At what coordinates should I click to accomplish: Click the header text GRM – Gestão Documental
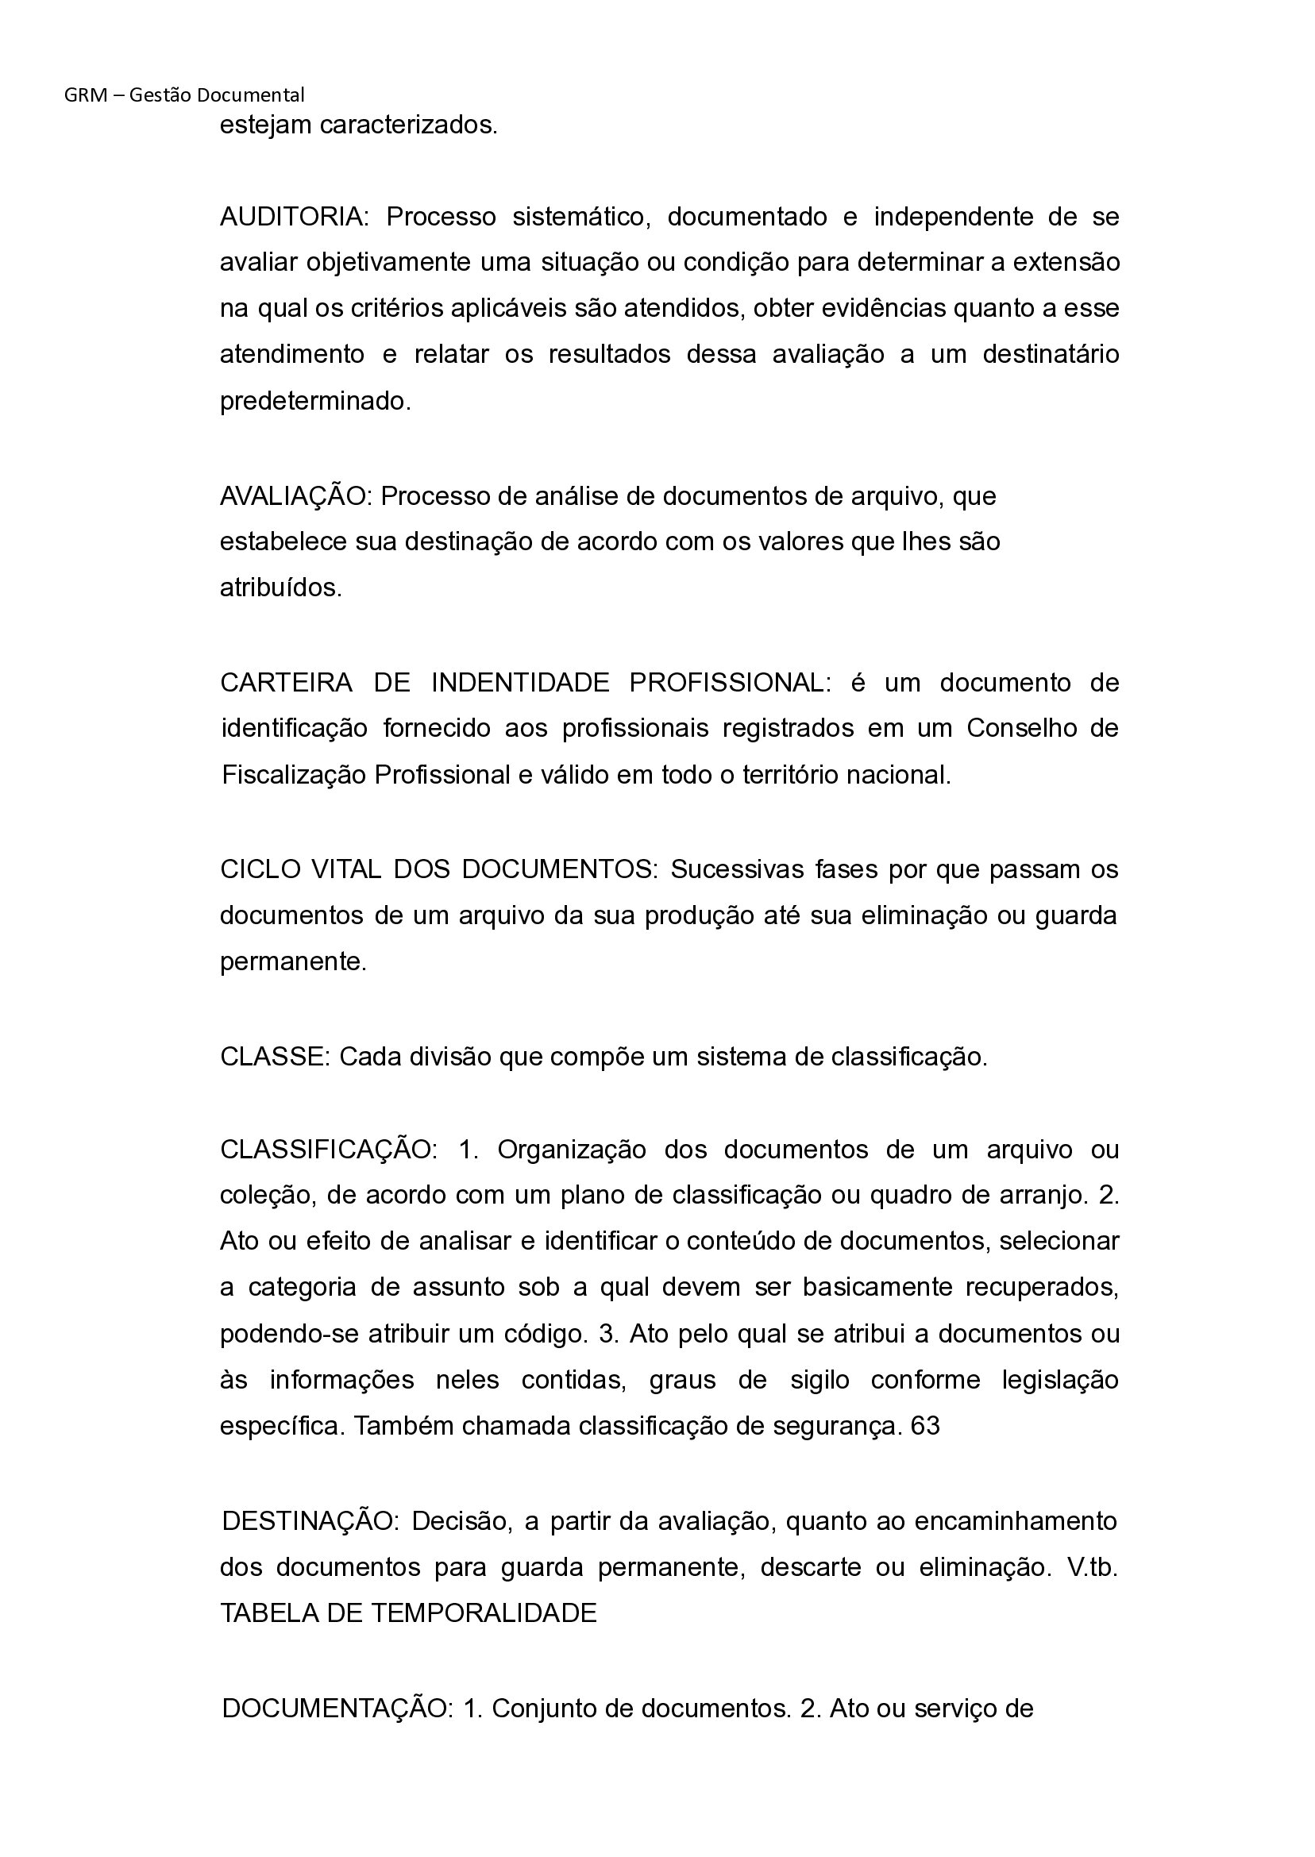[x=183, y=94]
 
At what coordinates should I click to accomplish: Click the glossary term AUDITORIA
[x=292, y=217]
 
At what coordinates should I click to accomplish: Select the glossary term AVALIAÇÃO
[x=293, y=496]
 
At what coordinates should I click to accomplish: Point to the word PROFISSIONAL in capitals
[x=727, y=683]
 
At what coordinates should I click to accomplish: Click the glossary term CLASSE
[x=272, y=1057]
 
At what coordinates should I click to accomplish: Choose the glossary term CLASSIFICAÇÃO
[x=326, y=1150]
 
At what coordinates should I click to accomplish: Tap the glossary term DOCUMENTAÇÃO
[x=335, y=1708]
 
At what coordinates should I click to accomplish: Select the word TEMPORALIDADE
[x=484, y=1613]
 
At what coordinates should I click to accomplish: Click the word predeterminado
[x=315, y=402]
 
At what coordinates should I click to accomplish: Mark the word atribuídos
[x=280, y=588]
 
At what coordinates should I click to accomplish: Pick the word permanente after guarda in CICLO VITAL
[x=292, y=961]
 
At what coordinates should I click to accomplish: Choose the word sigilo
[x=819, y=1380]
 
